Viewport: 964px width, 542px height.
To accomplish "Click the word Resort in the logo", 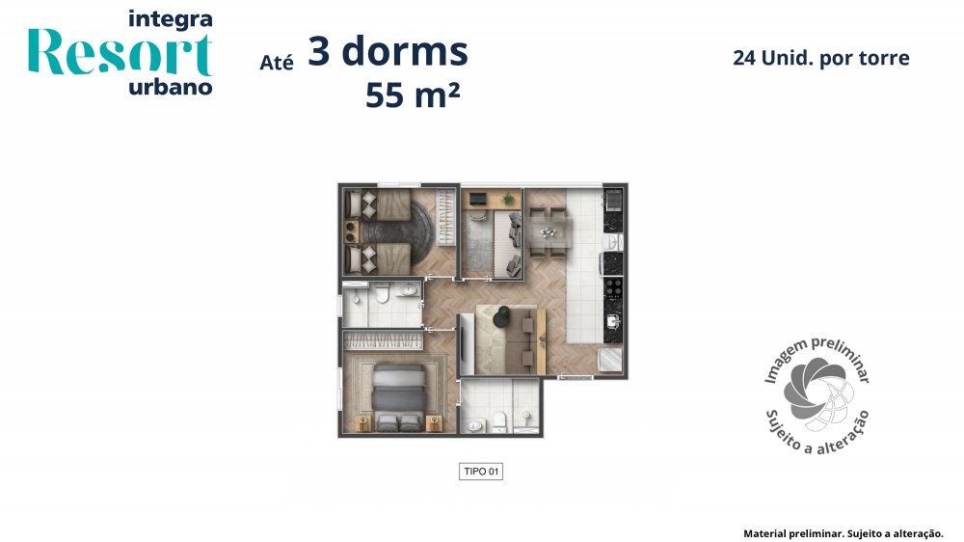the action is (x=120, y=52).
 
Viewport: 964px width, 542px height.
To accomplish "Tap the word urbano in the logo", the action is (x=171, y=88).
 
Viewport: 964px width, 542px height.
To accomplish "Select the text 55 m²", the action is (x=413, y=95).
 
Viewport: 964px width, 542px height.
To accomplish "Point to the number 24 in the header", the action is (x=744, y=58).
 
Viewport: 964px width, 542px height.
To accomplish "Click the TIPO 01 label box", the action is (x=481, y=472).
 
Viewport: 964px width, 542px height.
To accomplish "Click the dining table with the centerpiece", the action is (x=550, y=232).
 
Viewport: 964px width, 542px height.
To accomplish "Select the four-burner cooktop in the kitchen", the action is (x=613, y=288).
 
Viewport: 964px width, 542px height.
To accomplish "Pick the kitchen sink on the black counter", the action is (x=613, y=321).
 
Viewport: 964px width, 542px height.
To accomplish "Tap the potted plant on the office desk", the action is (x=507, y=199).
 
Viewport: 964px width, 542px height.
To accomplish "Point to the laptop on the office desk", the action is (x=478, y=199).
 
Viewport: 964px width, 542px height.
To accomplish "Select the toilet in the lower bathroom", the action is (x=498, y=422).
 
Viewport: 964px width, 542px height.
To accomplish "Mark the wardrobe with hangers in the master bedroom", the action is (x=383, y=340).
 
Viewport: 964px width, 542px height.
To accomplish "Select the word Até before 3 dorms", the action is (x=276, y=63).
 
